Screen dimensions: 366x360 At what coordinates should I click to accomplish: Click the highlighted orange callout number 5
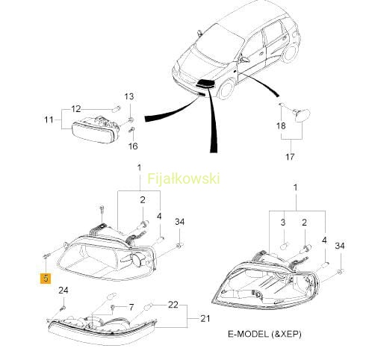pyautogui.click(x=46, y=278)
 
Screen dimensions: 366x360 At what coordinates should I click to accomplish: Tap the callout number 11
pyautogui.click(x=49, y=120)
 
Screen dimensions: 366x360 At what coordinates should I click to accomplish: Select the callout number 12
pyautogui.click(x=76, y=109)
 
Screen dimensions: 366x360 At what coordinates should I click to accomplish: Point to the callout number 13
pyautogui.click(x=129, y=96)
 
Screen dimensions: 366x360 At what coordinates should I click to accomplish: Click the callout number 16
pyautogui.click(x=133, y=146)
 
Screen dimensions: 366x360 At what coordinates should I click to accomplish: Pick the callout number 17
pyautogui.click(x=290, y=157)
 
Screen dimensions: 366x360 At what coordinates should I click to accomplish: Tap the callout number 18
pyautogui.click(x=281, y=125)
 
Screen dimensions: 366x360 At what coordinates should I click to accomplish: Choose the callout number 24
pyautogui.click(x=63, y=291)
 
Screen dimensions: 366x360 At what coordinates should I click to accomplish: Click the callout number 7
pyautogui.click(x=131, y=307)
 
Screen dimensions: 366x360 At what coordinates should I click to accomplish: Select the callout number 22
pyautogui.click(x=173, y=305)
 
